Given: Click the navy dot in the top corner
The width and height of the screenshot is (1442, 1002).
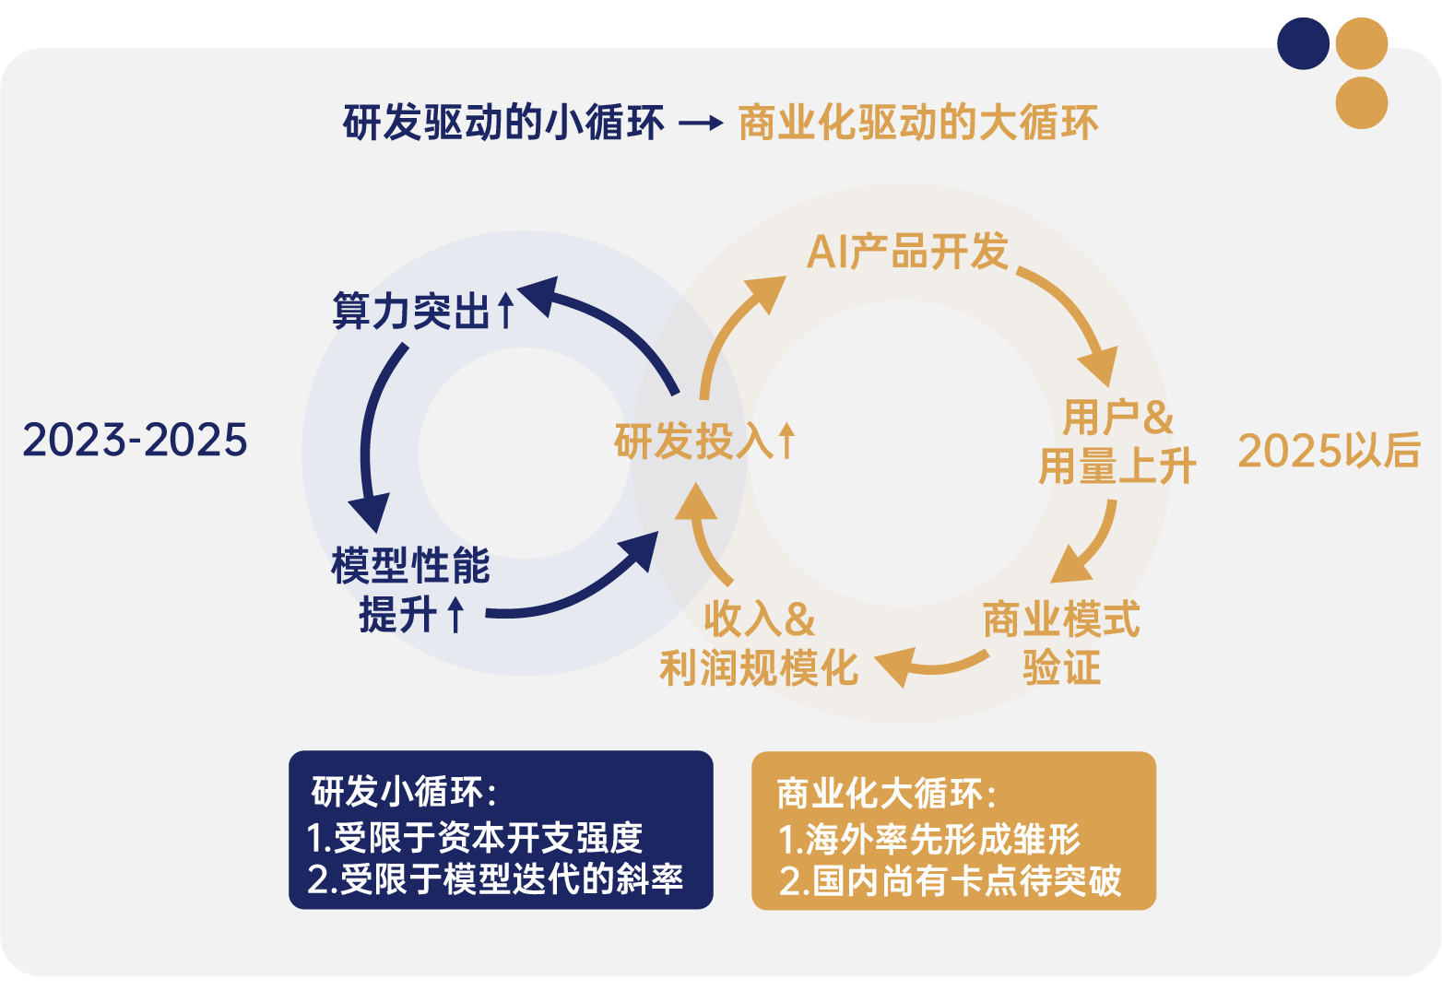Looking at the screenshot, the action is (x=1303, y=43).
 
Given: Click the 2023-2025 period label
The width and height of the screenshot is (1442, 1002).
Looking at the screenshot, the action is (x=136, y=441).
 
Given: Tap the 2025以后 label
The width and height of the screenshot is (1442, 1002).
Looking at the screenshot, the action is (x=1329, y=450).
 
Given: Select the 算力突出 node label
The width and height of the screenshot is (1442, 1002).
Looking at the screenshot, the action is (x=423, y=311).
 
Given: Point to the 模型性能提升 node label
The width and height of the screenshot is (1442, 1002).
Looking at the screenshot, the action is (x=410, y=590).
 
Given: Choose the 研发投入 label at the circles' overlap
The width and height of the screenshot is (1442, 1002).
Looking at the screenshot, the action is (x=705, y=442).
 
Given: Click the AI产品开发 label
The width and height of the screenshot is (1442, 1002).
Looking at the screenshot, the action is (x=907, y=251).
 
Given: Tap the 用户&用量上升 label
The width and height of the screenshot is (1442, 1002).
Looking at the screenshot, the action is (x=1117, y=442).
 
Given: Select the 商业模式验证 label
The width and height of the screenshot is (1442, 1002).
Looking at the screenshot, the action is (x=1061, y=642).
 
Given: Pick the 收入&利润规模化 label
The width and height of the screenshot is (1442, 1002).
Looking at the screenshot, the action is (x=759, y=642).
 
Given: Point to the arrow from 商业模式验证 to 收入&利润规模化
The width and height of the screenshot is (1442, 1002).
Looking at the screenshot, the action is (x=931, y=667).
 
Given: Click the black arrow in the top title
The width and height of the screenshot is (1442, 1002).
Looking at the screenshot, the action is (x=701, y=123).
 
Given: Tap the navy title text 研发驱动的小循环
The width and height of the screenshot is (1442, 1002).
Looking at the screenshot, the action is (x=503, y=123).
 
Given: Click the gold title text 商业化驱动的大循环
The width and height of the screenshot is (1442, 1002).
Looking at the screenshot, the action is (x=918, y=123).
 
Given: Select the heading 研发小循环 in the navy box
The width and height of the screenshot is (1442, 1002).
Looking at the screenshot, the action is (x=404, y=792).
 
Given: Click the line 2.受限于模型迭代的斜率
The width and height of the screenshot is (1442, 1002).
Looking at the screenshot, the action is (x=494, y=878).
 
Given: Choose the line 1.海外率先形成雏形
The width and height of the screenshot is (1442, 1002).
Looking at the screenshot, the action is (x=929, y=839).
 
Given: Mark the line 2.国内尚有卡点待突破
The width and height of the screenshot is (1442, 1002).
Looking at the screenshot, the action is (x=951, y=881).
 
